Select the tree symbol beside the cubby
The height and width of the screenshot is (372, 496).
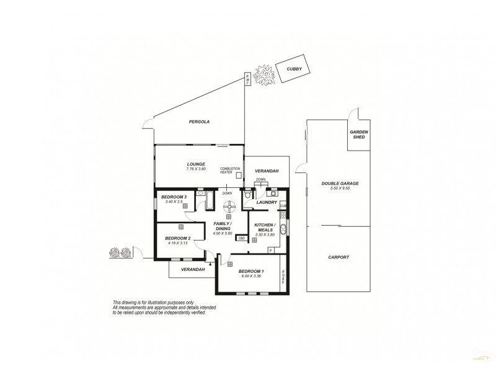[266, 74]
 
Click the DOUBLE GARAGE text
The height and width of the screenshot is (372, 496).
[340, 184]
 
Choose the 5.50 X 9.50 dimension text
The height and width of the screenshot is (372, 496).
[340, 189]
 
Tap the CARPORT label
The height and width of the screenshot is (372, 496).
[340, 257]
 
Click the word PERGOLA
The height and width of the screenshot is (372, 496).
[199, 122]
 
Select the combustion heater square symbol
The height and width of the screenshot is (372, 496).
[238, 175]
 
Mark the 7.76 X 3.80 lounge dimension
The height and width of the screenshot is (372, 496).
[195, 169]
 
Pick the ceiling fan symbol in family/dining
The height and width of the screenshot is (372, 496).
[229, 207]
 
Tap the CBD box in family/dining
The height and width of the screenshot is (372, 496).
[241, 237]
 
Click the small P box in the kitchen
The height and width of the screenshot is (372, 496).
[270, 250]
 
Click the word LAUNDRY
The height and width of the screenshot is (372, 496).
[267, 202]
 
